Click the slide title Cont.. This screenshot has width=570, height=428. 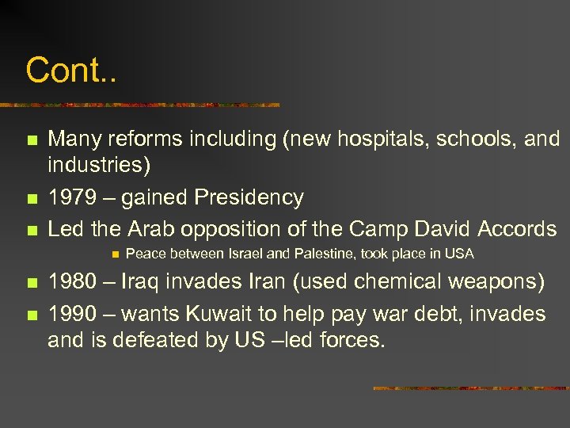[70, 70]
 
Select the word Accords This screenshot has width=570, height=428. [516, 229]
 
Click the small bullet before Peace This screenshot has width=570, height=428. [115, 254]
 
